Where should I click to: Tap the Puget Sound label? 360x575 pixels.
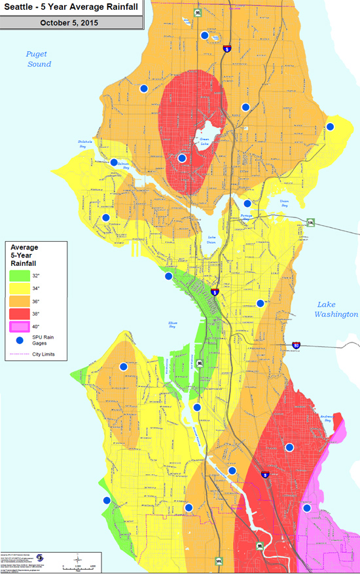click(39, 60)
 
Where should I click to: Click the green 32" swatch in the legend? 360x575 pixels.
click(18, 275)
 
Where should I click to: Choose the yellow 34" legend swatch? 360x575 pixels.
click(18, 287)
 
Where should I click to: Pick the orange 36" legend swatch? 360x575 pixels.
click(18, 300)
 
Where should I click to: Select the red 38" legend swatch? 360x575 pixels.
click(18, 313)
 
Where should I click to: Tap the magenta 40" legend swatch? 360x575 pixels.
click(18, 326)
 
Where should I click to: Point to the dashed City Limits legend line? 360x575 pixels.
click(18, 354)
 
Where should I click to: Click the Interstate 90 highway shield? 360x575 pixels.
click(297, 344)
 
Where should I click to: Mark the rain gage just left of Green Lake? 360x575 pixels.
click(182, 158)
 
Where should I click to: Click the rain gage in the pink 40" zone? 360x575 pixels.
click(306, 508)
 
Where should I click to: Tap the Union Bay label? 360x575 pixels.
click(284, 204)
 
